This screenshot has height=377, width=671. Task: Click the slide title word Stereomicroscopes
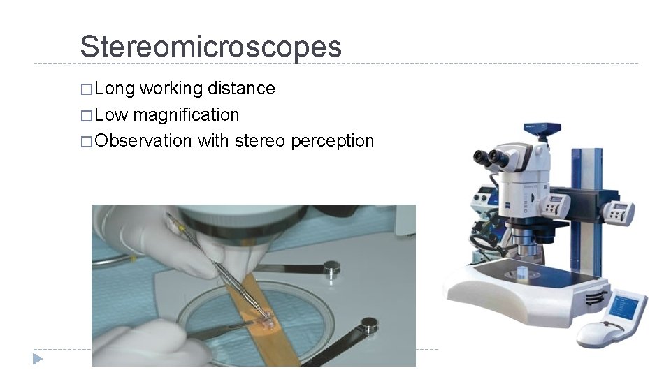tap(210, 47)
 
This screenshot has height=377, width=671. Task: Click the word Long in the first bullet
tap(115, 89)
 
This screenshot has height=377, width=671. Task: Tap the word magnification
tap(186, 114)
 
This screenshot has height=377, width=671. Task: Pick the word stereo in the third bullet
tap(260, 140)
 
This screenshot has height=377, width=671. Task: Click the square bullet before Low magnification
tap(86, 115)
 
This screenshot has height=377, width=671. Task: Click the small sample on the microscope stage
tap(523, 272)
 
